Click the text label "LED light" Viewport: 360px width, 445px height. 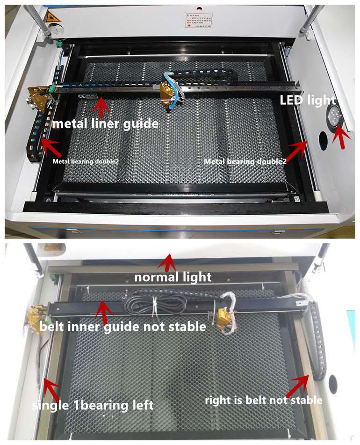307,100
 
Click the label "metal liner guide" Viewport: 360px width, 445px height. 105,124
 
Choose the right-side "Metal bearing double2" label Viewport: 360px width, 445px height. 245,161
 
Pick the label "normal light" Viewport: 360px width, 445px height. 173,277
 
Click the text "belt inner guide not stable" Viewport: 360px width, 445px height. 122,326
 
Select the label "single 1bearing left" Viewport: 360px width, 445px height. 93,405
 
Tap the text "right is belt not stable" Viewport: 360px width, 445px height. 264,400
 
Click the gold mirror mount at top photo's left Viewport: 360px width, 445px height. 38,96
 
